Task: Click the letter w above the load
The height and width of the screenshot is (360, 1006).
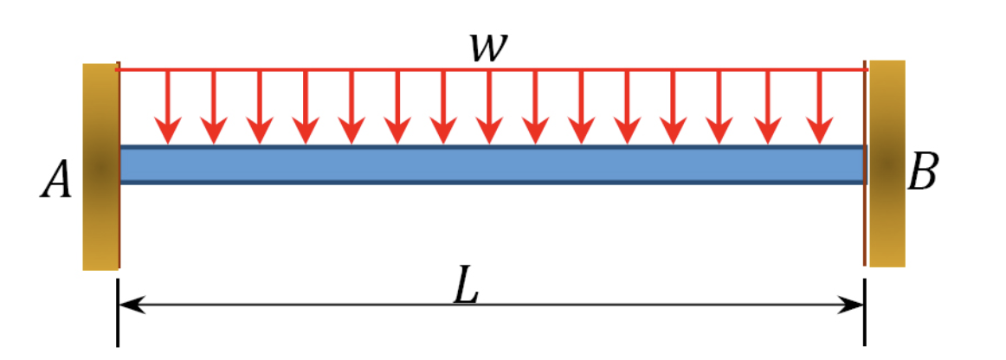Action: [490, 47]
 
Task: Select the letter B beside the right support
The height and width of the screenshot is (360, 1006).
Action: [922, 173]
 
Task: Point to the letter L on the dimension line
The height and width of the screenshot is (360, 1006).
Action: [467, 290]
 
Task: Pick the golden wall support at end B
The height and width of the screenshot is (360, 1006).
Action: [887, 164]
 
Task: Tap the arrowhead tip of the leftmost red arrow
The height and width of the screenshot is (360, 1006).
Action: [168, 143]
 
